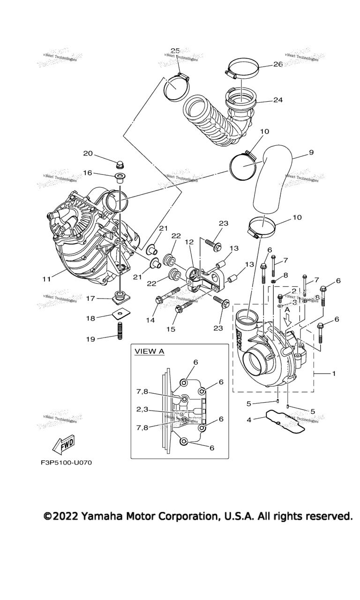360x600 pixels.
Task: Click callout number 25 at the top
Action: click(x=175, y=51)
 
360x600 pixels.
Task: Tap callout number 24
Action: click(x=278, y=99)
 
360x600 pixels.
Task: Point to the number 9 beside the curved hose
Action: click(x=311, y=152)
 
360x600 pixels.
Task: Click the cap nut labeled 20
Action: click(x=120, y=165)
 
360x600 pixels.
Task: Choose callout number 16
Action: click(x=88, y=172)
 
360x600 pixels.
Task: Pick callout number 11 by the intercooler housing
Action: click(x=46, y=279)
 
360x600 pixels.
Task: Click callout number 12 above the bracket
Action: click(x=189, y=242)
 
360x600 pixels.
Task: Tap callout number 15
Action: click(x=171, y=330)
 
